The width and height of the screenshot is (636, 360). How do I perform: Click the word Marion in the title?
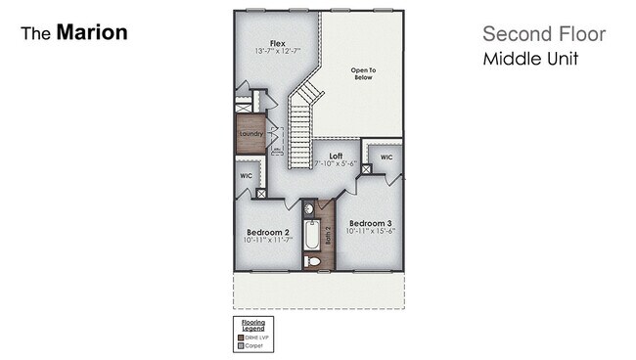point(92,32)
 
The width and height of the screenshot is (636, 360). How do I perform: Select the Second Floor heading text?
point(544,34)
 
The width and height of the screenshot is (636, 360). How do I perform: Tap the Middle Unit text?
point(530,59)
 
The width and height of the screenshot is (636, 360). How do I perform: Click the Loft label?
point(336,156)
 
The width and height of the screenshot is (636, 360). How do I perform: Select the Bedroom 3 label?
point(371,222)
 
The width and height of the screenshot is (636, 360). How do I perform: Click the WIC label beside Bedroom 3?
point(386,157)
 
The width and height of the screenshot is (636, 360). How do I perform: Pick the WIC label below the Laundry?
point(246,176)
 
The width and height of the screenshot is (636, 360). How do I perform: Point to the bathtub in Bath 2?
point(311,236)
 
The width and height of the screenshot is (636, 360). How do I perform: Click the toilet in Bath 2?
point(312,261)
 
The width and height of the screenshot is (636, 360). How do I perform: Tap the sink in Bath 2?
point(307,208)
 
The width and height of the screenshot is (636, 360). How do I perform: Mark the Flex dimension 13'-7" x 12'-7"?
point(278,50)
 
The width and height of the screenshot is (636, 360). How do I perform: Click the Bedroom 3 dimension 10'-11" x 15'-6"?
point(371,231)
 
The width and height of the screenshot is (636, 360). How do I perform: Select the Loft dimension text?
point(336,164)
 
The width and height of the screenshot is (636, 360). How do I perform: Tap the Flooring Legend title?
point(251,325)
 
